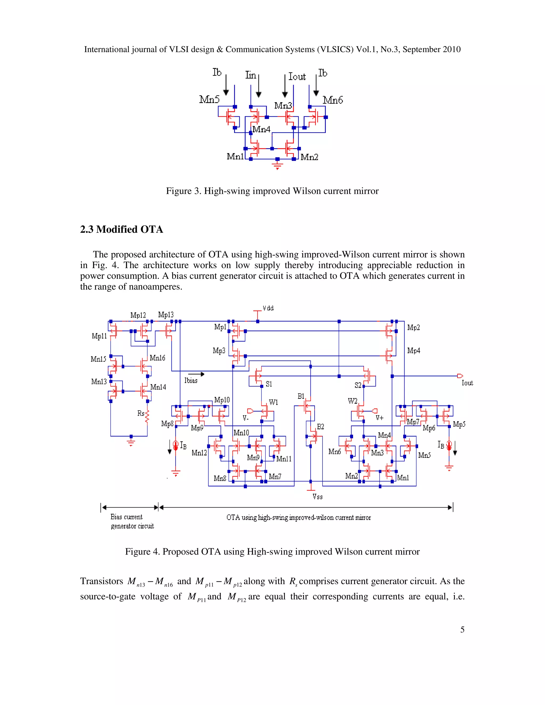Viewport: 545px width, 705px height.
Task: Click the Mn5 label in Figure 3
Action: pyautogui.click(x=209, y=99)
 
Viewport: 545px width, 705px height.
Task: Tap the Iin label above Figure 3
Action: pyautogui.click(x=250, y=75)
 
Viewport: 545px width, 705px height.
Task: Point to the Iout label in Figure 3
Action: pyautogui.click(x=297, y=77)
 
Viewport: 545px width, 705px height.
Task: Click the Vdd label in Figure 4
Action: pyautogui.click(x=268, y=308)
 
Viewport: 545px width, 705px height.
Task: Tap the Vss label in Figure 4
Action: pyautogui.click(x=317, y=497)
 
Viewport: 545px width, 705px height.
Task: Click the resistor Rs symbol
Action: pyautogui.click(x=147, y=416)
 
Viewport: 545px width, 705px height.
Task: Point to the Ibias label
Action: pyautogui.click(x=191, y=381)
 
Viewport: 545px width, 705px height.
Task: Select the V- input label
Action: pyautogui.click(x=246, y=418)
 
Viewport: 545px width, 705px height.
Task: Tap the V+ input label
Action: pyautogui.click(x=380, y=418)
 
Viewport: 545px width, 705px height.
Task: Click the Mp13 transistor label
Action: pyautogui.click(x=166, y=315)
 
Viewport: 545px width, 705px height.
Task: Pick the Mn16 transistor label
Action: pyautogui.click(x=157, y=358)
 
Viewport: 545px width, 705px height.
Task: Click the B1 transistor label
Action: pyautogui.click(x=301, y=396)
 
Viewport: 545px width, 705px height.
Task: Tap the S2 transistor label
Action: pyautogui.click(x=358, y=385)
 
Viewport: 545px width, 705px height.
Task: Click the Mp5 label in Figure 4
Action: pyautogui.click(x=459, y=424)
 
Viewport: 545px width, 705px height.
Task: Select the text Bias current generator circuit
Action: pyautogui.click(x=132, y=521)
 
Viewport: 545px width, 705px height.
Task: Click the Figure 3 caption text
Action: pyautogui.click(x=272, y=191)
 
